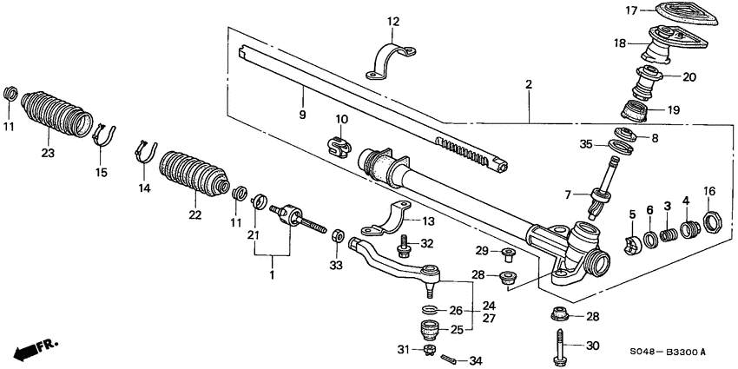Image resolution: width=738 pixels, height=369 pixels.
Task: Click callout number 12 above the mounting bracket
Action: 393,21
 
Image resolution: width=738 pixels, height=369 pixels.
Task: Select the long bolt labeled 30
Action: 556,344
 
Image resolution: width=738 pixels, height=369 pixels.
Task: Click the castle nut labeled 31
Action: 427,350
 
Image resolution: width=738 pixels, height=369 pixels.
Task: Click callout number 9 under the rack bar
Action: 303,115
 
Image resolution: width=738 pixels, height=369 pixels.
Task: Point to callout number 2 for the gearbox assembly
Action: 528,83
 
